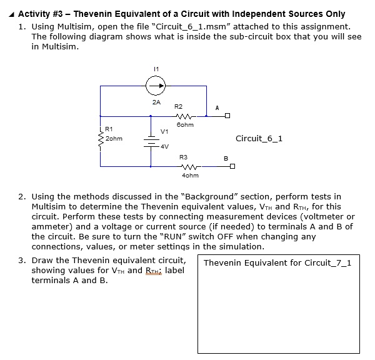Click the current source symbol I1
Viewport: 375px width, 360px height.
(x=156, y=86)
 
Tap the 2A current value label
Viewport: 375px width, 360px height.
(x=156, y=102)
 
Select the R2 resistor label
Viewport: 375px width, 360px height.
(x=178, y=107)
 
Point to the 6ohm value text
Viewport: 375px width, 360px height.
(x=186, y=125)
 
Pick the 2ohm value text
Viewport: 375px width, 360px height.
(x=114, y=137)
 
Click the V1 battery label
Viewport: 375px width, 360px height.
(x=164, y=132)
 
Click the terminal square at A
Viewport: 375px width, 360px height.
(x=229, y=116)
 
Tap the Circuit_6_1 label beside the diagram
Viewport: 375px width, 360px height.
(x=259, y=138)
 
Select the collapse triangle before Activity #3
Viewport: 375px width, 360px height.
(x=13, y=14)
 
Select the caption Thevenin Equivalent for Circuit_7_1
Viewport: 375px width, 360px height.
(x=277, y=262)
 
